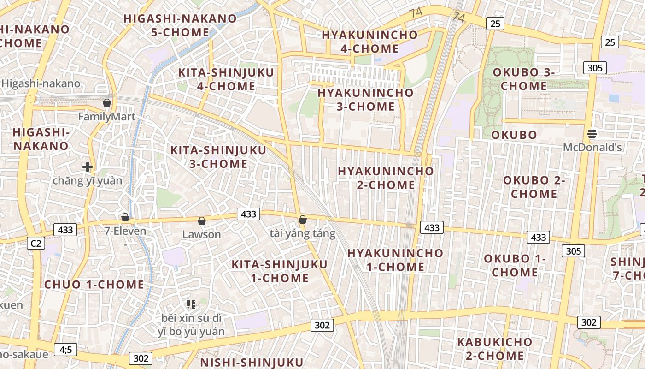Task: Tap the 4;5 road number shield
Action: [65, 350]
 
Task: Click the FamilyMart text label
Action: [107, 116]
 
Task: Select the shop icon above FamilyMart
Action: [107, 102]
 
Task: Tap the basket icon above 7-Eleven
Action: [125, 217]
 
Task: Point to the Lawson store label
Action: [201, 234]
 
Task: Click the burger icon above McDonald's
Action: [592, 134]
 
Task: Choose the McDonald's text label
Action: [593, 148]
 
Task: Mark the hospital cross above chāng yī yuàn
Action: [87, 167]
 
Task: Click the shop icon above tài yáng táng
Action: [302, 220]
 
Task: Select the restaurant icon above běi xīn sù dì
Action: [191, 304]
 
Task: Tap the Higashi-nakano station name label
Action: [41, 84]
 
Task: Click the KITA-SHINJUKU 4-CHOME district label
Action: [226, 79]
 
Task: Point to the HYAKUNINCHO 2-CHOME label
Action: [386, 178]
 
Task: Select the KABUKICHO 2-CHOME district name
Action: [494, 349]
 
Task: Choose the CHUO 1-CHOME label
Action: [94, 285]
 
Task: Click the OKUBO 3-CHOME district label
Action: [524, 79]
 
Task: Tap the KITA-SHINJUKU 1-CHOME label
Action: [279, 271]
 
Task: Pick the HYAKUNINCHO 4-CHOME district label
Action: [369, 42]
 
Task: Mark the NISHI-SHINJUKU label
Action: [252, 362]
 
